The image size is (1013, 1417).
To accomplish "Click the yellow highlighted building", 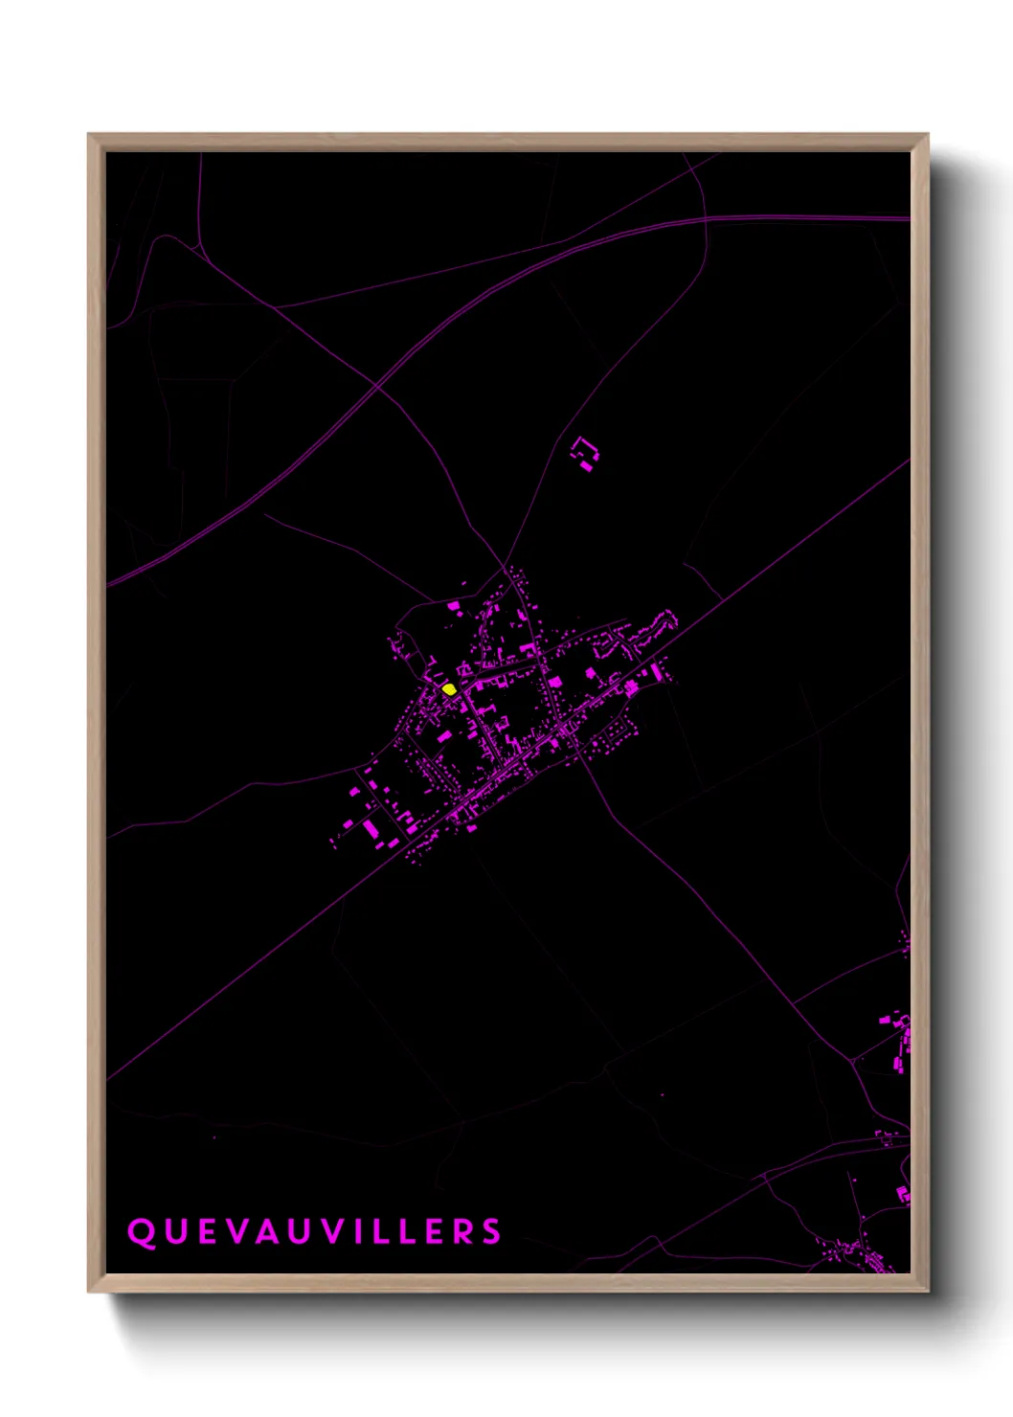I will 449,688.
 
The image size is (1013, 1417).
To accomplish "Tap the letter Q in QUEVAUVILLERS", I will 141,1232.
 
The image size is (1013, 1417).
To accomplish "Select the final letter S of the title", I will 491,1232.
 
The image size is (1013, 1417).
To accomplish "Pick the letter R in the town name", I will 462,1232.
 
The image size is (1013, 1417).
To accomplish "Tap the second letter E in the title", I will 437,1232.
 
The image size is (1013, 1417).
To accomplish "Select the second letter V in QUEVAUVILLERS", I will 332,1232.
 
